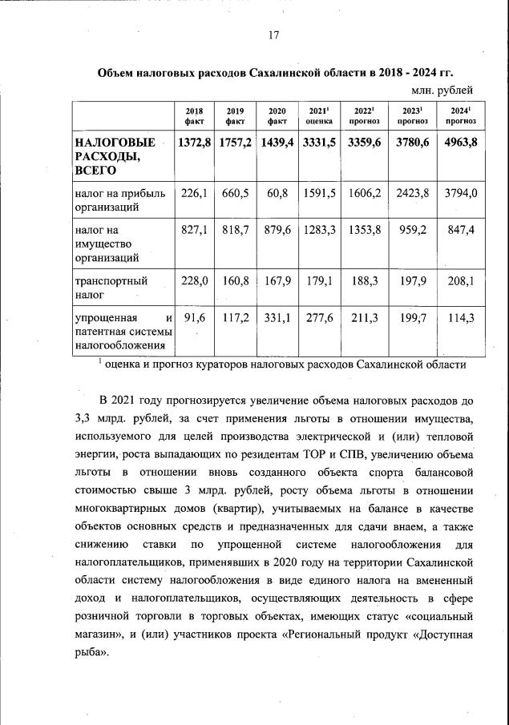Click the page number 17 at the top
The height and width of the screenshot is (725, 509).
273,34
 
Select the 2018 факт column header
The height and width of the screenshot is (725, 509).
194,116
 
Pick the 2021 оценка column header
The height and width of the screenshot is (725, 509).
320,116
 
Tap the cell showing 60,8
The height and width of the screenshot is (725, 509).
277,193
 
